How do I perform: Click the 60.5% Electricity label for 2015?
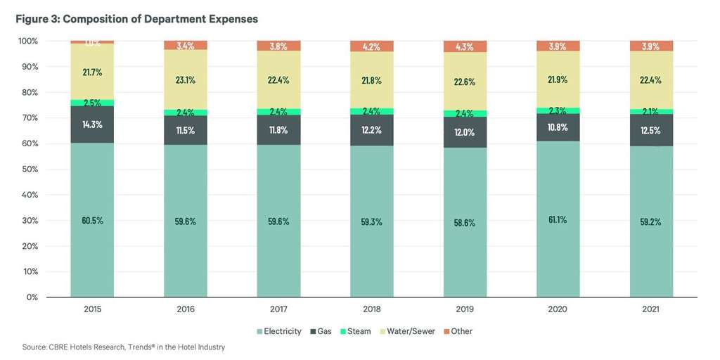pos(91,220)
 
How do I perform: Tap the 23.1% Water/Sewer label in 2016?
pos(185,79)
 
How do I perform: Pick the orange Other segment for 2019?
pos(464,46)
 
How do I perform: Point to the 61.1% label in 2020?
pos(558,219)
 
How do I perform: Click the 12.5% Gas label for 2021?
pos(650,130)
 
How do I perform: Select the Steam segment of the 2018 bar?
pos(371,111)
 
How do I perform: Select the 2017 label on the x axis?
pos(278,309)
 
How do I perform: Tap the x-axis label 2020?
pos(558,309)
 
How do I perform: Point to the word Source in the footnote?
pos(34,347)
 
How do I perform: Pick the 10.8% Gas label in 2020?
pos(558,127)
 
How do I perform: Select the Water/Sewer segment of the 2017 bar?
pos(278,79)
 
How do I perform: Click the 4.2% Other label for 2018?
pos(371,47)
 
